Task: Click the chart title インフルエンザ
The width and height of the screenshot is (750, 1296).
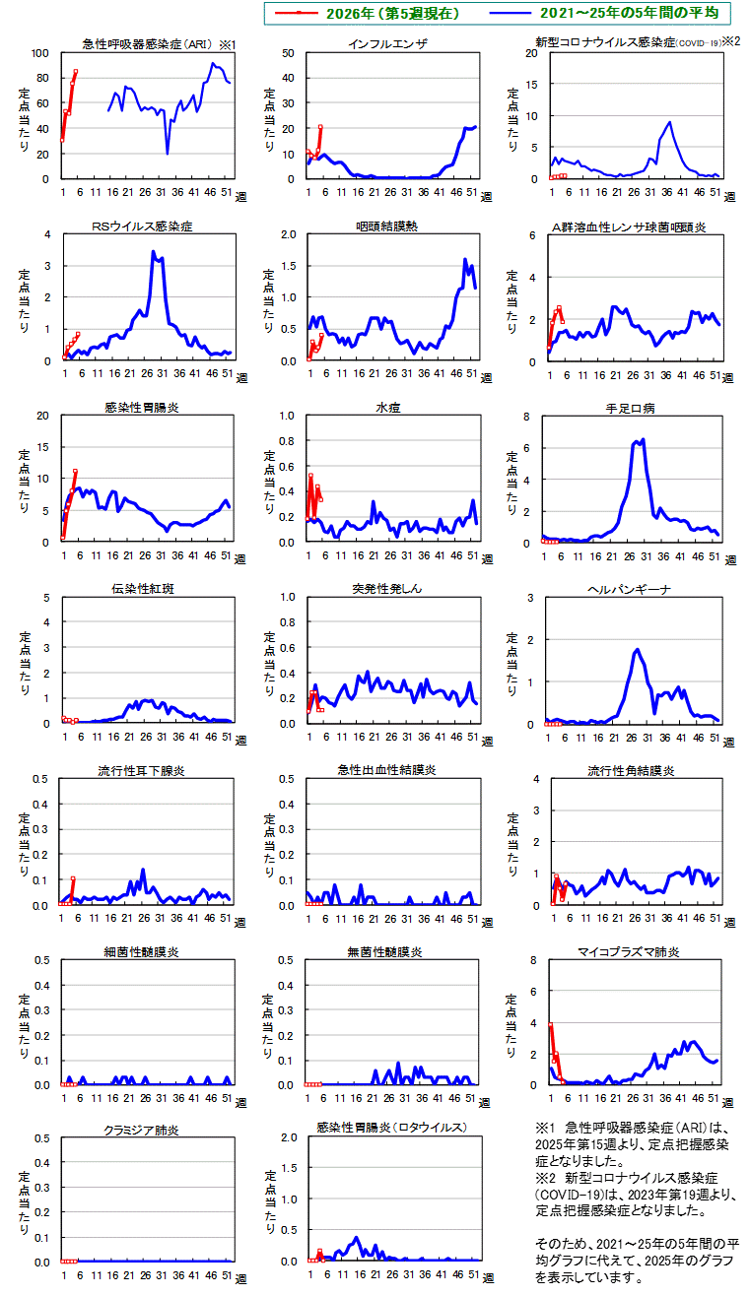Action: [387, 44]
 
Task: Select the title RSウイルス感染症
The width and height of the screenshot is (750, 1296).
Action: [142, 227]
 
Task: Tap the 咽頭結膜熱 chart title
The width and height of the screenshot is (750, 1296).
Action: [387, 227]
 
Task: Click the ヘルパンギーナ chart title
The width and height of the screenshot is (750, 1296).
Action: [632, 589]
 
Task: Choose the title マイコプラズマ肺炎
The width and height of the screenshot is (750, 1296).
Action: [632, 952]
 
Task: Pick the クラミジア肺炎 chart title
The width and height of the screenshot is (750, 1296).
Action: [141, 1131]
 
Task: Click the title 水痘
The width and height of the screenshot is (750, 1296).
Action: [387, 408]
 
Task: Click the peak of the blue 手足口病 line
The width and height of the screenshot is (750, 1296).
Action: [643, 439]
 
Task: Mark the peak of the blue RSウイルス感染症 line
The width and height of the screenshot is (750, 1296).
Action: [153, 251]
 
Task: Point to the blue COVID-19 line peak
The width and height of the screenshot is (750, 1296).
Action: [670, 122]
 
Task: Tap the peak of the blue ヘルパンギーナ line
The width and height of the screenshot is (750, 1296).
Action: [638, 649]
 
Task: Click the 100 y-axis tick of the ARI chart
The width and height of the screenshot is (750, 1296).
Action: [40, 53]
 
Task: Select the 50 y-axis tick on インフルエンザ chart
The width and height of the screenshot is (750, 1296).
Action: [289, 53]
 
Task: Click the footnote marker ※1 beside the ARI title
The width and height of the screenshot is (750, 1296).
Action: [227, 44]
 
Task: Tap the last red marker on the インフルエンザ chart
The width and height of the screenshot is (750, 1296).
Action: [320, 126]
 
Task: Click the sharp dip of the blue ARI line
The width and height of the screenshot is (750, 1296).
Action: [168, 153]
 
